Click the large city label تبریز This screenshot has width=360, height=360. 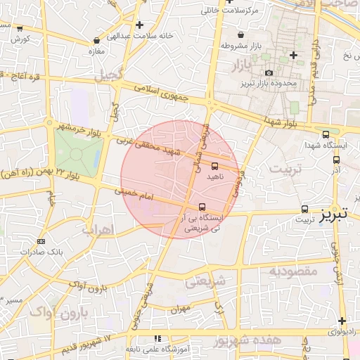pos(333,216)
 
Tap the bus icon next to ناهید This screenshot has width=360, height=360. pos(214,167)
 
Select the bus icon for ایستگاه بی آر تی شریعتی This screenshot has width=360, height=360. pos(202,207)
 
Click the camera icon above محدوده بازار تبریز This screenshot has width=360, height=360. pos(269,72)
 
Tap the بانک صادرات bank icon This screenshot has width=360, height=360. pos(41,241)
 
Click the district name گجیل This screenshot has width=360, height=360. pos(111,73)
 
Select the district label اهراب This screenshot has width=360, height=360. pos(97,229)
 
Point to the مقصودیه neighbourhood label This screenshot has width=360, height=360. pos(293,271)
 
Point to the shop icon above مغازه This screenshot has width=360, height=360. pos(91,41)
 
